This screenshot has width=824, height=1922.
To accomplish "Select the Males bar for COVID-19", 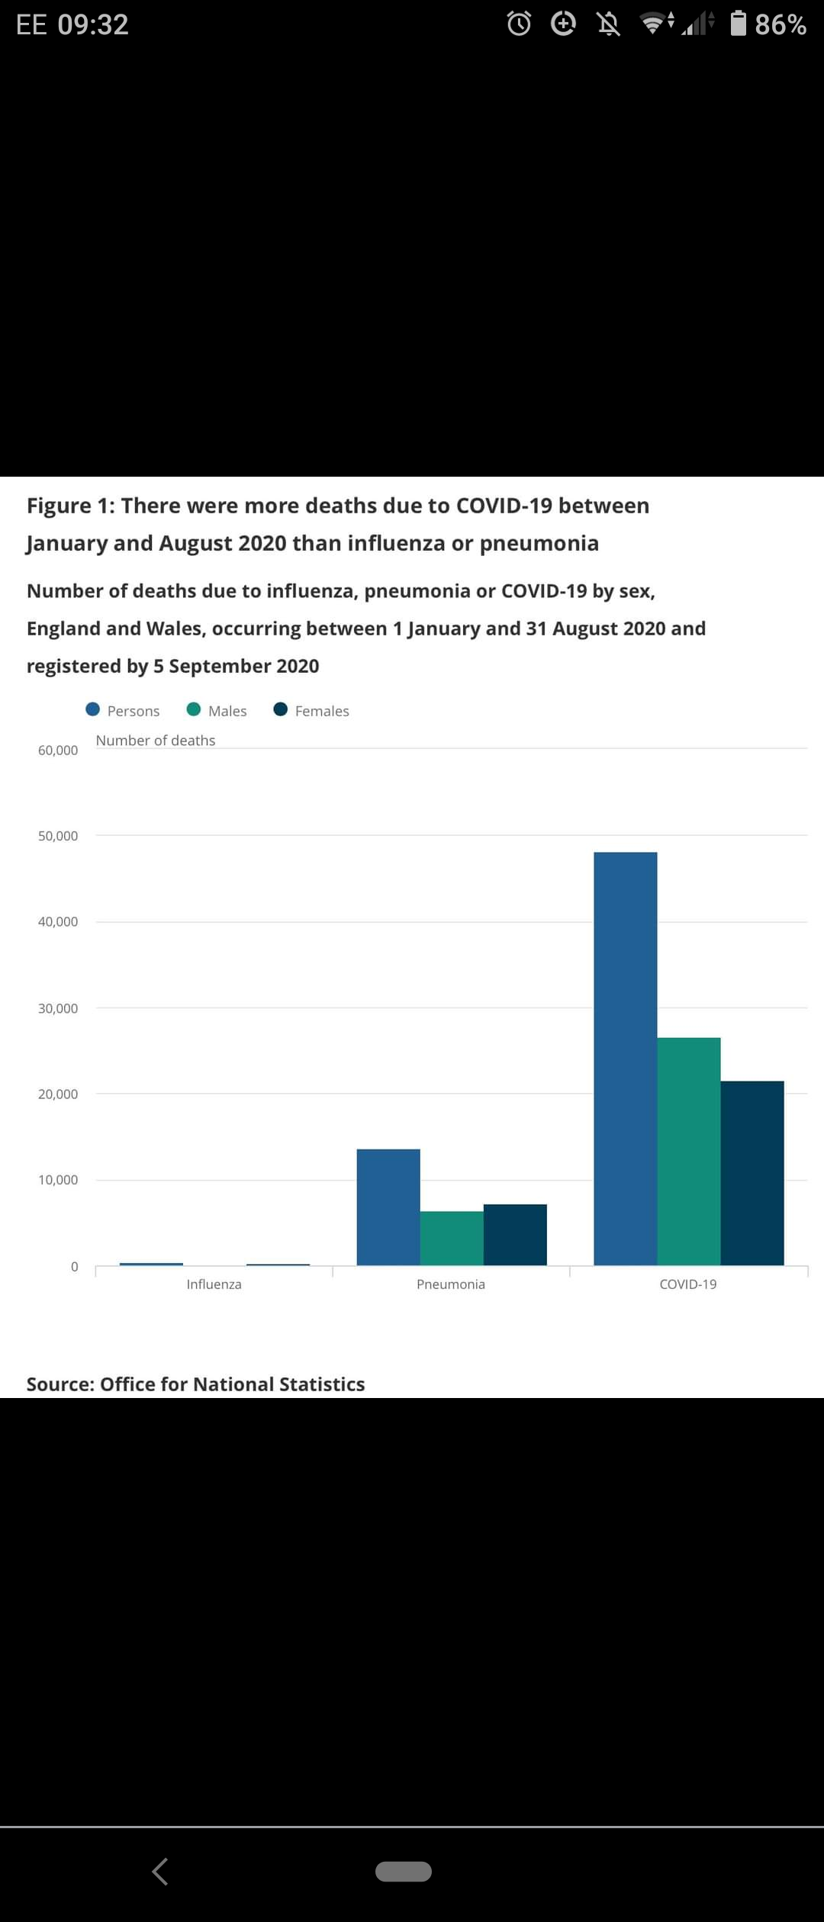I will pos(688,1151).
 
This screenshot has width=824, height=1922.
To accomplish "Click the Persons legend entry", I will pos(123,710).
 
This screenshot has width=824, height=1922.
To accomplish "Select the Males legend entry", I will pos(217,710).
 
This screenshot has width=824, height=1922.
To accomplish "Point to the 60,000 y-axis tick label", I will pos(58,750).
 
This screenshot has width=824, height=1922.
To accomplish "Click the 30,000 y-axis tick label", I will pos(58,1008).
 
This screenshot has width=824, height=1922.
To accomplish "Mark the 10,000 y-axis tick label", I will pos(58,1180).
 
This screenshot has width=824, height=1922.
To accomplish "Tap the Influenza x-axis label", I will pos(214,1284).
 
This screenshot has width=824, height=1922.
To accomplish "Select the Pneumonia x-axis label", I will pos(451,1284).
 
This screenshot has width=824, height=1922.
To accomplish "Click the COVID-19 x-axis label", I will pos(688,1284).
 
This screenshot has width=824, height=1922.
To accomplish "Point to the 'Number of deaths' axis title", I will pos(156,741).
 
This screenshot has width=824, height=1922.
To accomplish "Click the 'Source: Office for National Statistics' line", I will pos(196,1384).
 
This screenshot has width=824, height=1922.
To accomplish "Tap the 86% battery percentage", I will pos(780,24).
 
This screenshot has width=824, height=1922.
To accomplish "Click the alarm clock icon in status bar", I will pos(519,24).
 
